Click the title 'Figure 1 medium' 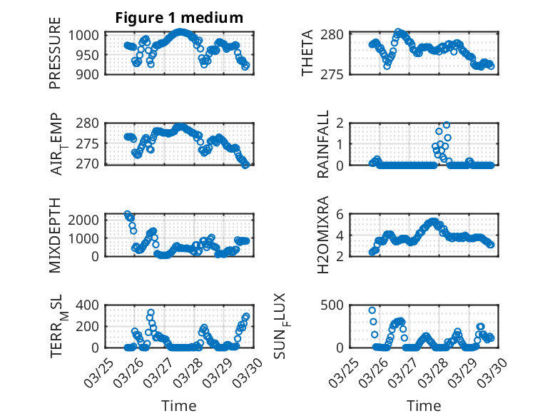179,18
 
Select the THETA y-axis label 307,54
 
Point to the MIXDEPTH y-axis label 55,234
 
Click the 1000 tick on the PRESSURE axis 87,35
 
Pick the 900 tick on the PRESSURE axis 91,73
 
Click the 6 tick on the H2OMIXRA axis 341,214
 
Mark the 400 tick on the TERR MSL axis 91,305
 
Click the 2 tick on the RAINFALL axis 341,123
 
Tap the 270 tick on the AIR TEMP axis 91,164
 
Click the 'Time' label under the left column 179,405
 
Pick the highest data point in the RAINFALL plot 447,125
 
